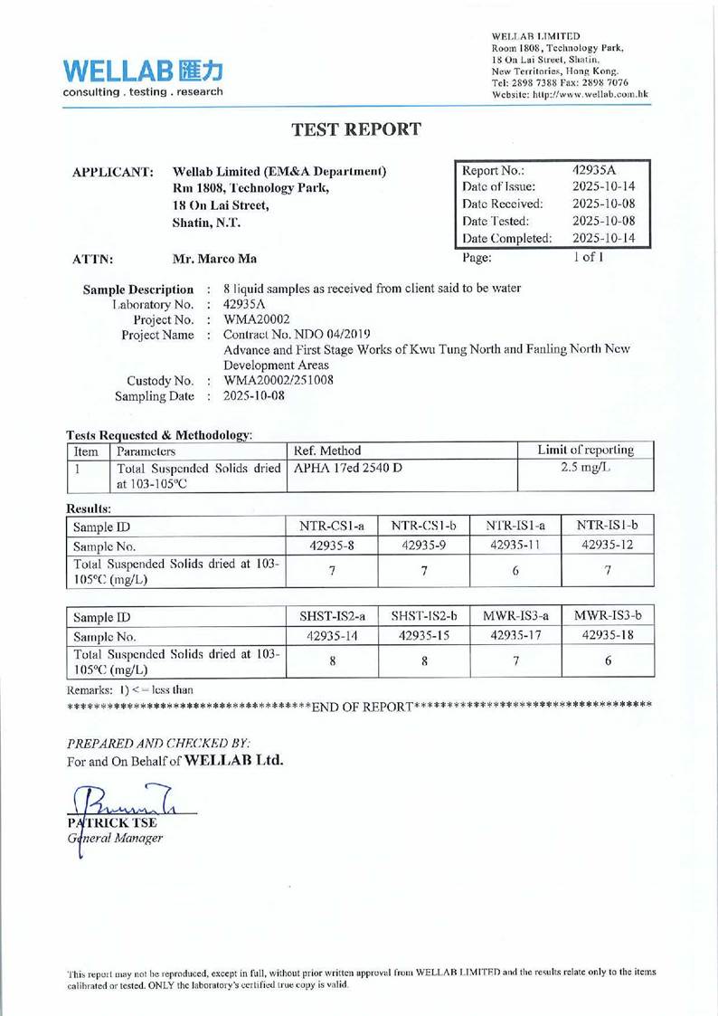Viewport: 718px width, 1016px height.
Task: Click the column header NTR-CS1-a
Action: tap(330, 526)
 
